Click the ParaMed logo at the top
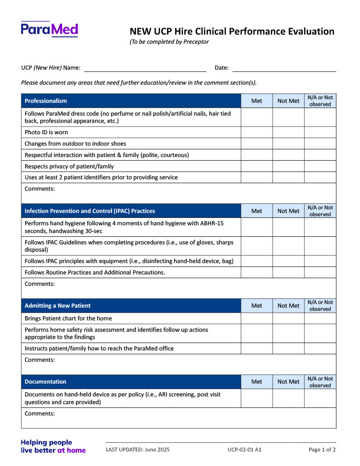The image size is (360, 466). click(49, 29)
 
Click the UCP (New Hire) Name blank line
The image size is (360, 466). click(145, 68)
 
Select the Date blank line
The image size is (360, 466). click(284, 68)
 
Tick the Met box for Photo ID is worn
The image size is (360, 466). click(257, 132)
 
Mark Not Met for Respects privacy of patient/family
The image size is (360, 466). click(289, 166)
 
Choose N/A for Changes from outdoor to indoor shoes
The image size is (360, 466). click(320, 144)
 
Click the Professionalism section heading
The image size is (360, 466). click(46, 101)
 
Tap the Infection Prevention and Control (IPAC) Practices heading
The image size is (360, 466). click(90, 211)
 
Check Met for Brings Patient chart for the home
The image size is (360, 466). click(257, 319)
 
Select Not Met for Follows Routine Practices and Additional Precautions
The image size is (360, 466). click(289, 273)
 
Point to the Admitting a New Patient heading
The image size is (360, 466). click(57, 306)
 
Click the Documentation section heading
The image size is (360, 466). click(46, 382)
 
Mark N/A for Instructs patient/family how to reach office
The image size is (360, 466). click(320, 349)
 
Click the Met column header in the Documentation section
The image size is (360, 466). click(257, 382)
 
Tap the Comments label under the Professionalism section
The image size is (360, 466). click(40, 189)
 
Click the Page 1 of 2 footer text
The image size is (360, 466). click(322, 450)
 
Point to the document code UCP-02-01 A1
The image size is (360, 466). click(244, 450)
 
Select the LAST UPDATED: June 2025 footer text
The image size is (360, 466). click(137, 450)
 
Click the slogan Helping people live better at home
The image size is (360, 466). click(53, 446)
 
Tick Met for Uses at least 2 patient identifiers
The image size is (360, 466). click(257, 177)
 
